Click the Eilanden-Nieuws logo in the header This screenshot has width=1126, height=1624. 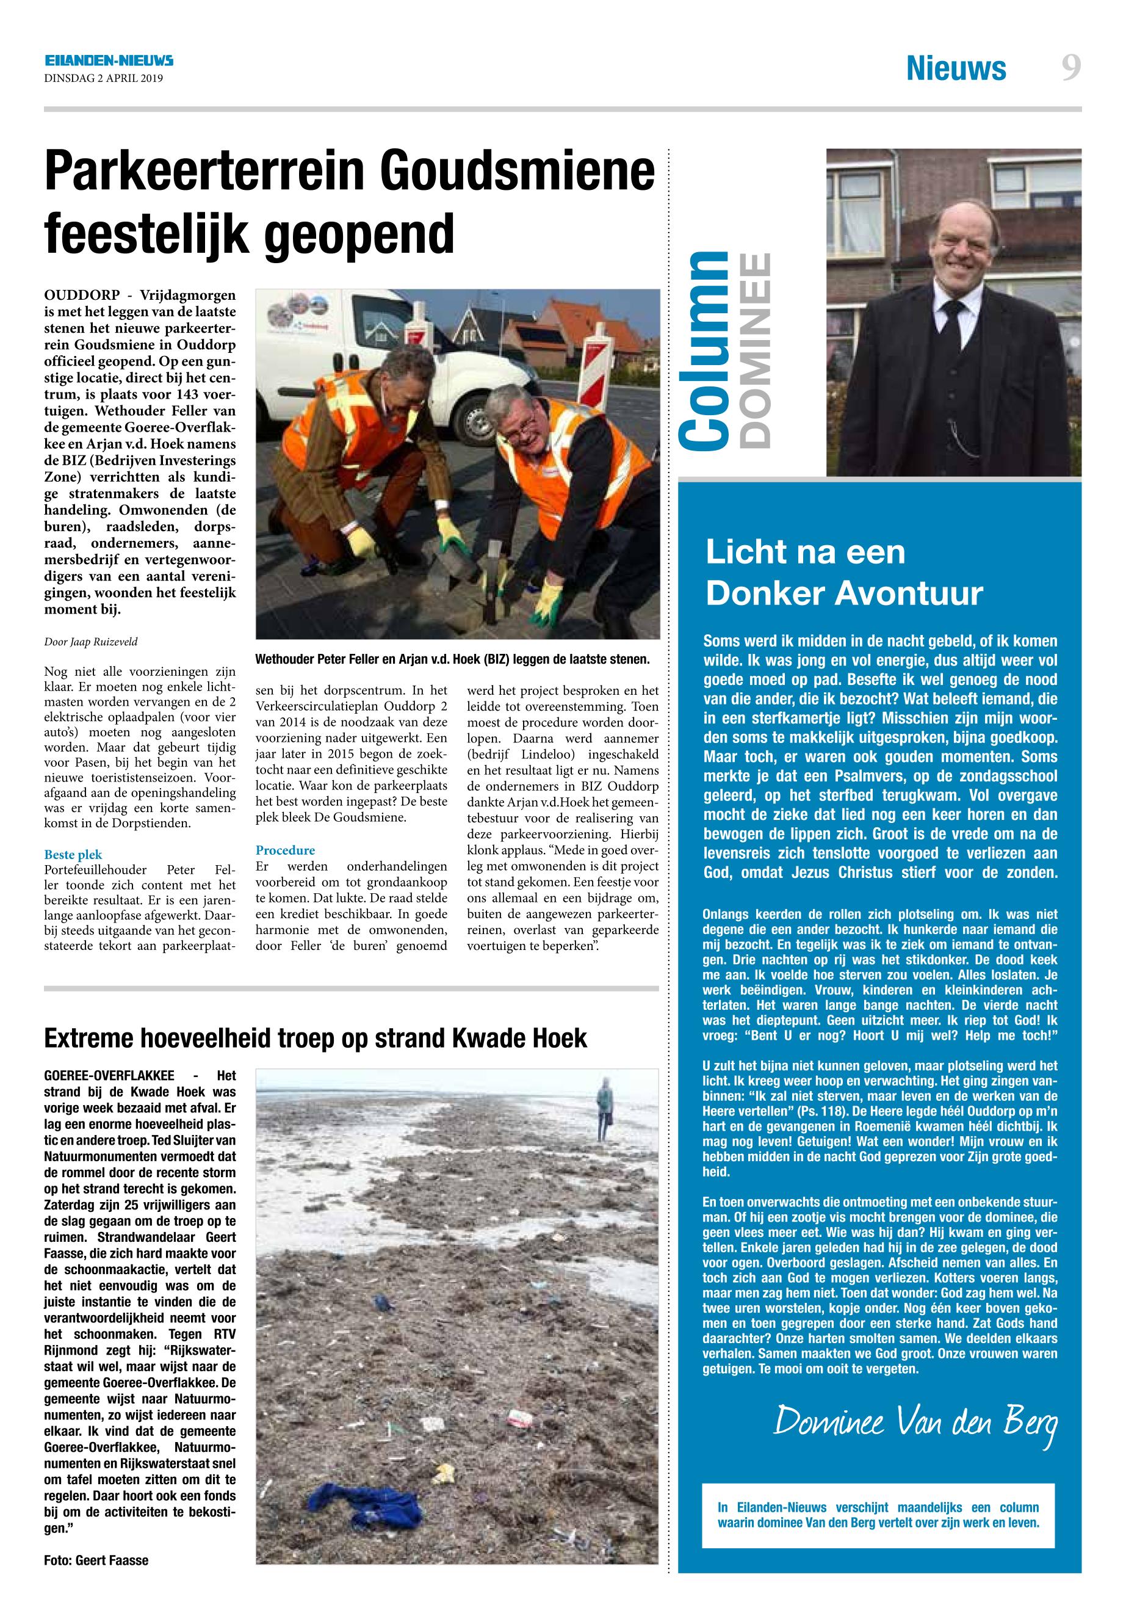[x=109, y=62]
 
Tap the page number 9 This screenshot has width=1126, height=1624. [x=1070, y=69]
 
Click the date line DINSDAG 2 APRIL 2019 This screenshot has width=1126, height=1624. [x=103, y=78]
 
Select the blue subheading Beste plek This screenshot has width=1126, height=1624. [x=73, y=855]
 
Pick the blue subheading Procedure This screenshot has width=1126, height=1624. [x=285, y=850]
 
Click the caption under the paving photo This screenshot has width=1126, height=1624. [x=452, y=660]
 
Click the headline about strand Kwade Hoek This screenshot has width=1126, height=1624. [x=316, y=1039]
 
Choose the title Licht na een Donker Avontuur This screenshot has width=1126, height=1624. [x=844, y=573]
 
